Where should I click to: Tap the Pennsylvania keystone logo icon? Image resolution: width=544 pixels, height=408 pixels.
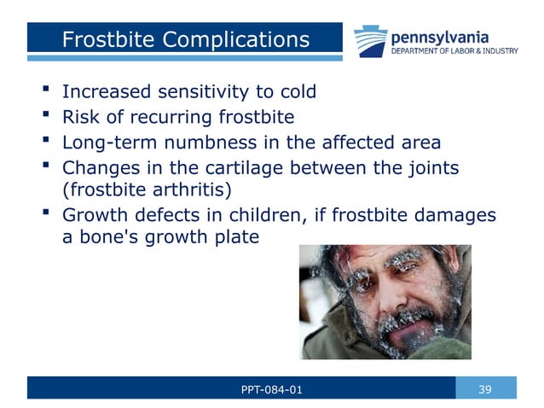coord(372,40)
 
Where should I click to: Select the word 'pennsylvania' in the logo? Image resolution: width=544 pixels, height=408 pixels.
coord(439,37)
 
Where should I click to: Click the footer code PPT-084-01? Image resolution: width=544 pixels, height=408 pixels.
coord(271,389)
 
